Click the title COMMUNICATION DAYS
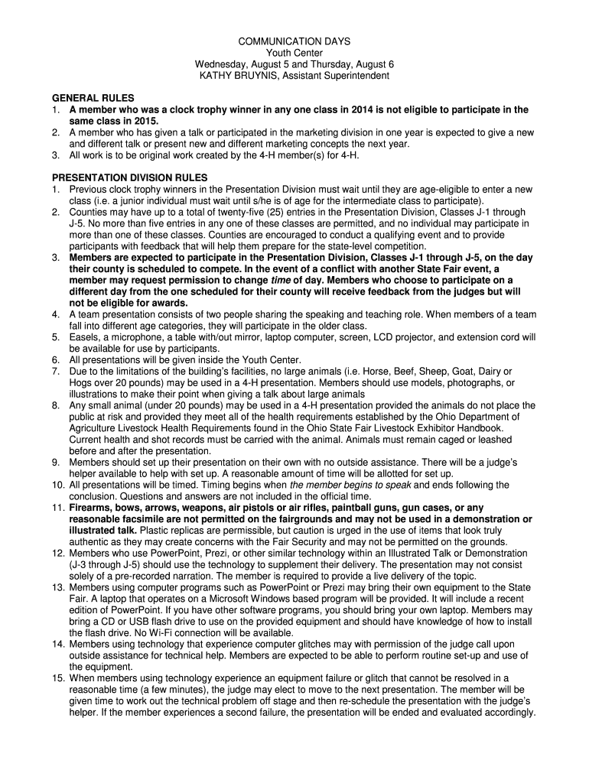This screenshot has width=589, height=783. click(294, 41)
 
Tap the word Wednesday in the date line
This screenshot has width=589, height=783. click(223, 64)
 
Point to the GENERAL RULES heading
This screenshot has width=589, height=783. click(93, 99)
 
